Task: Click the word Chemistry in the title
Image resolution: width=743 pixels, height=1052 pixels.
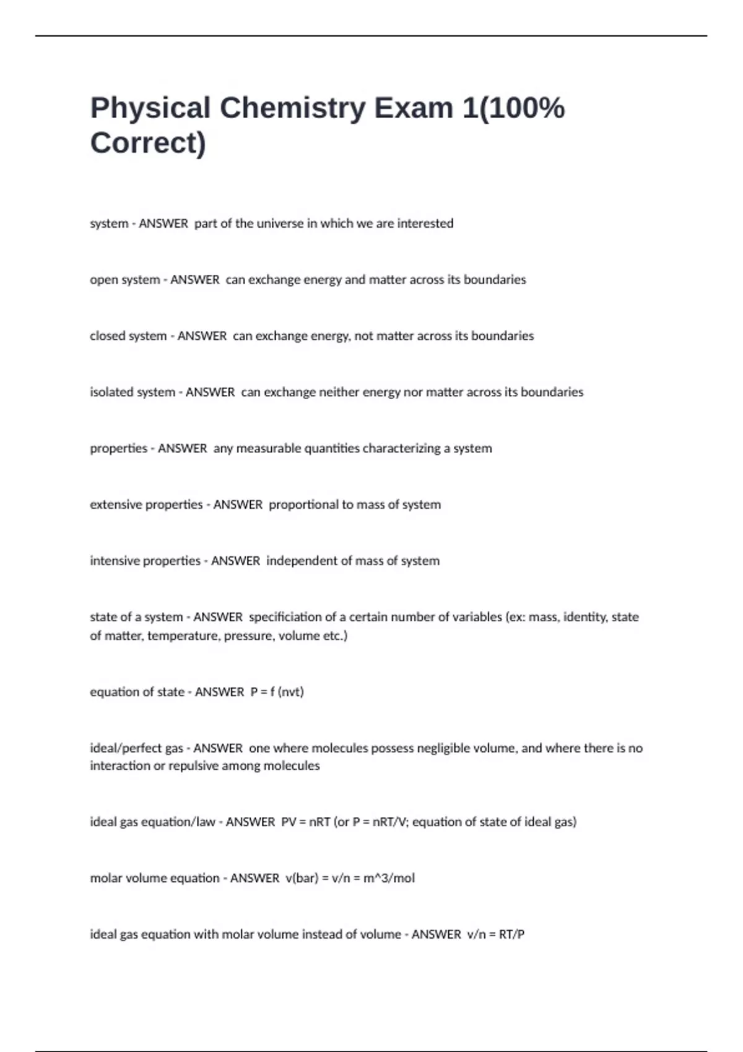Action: pyautogui.click(x=293, y=108)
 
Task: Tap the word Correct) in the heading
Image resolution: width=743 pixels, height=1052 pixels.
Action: pyautogui.click(x=148, y=143)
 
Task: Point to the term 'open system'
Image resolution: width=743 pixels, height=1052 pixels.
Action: pyautogui.click(x=125, y=280)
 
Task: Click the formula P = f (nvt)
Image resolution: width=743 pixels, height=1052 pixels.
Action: pyautogui.click(x=277, y=692)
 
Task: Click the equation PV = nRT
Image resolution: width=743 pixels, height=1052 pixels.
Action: pyautogui.click(x=306, y=822)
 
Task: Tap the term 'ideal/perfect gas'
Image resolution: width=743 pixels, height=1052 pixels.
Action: pyautogui.click(x=136, y=748)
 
